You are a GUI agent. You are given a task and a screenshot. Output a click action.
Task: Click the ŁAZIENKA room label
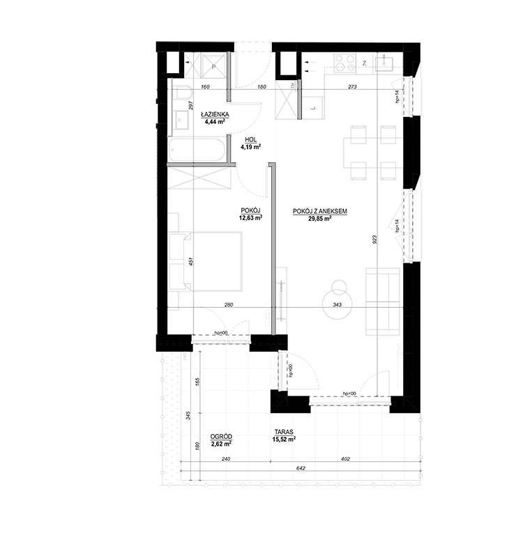[x=211, y=114]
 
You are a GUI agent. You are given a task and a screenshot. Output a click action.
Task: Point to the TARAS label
[x=284, y=432]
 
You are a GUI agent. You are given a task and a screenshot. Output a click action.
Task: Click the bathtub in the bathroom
[x=197, y=150]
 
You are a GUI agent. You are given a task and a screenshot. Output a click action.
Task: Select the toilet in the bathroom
[x=182, y=93]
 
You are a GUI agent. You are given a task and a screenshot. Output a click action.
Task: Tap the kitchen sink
[x=384, y=63]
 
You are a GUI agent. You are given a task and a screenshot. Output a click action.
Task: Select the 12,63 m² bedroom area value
[x=250, y=217]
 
